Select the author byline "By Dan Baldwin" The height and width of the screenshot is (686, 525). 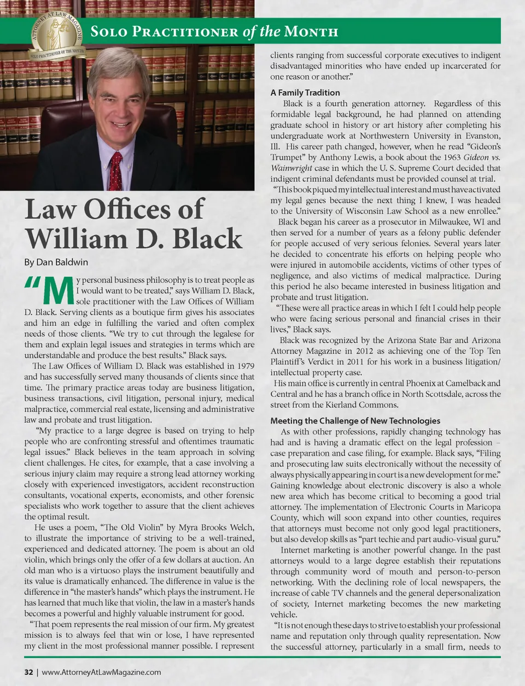pyautogui.click(x=56, y=262)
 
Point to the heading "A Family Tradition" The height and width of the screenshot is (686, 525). pyautogui.click(x=305, y=92)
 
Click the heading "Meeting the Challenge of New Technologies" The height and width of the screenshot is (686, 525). pyautogui.click(x=355, y=420)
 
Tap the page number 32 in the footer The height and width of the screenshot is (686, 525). pyautogui.click(x=28, y=672)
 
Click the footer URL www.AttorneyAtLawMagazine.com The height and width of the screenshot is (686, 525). pyautogui.click(x=101, y=672)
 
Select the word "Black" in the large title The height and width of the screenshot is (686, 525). pyautogui.click(x=207, y=239)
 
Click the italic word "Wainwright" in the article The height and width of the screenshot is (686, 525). pyautogui.click(x=290, y=168)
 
